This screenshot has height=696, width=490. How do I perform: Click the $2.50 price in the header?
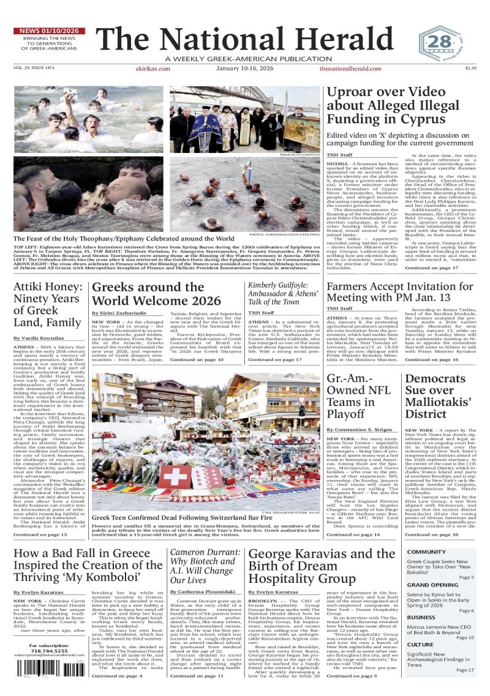(470, 69)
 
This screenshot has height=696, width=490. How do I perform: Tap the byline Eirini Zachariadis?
(121, 313)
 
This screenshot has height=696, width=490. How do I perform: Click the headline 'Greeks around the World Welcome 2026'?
(156, 294)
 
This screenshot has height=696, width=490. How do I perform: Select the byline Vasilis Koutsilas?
(38, 338)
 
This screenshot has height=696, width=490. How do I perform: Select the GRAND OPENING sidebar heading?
(432, 585)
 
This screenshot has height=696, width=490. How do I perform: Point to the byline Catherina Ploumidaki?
(203, 592)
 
